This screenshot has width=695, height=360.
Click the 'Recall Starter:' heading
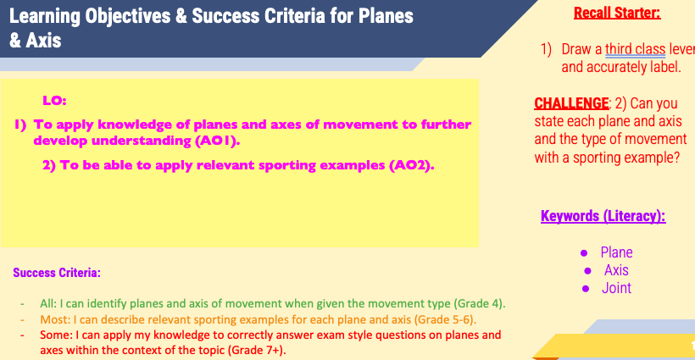pos(617,13)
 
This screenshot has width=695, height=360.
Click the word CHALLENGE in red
pos(571,103)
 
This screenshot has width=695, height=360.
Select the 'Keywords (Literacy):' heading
pos(603,216)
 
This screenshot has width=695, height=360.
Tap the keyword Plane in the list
pos(616,252)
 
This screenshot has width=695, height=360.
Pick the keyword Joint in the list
pos(616,288)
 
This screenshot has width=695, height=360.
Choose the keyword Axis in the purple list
pos(616,270)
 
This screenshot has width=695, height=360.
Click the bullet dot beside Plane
pos(584,253)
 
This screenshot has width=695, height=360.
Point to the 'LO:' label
pos(54,101)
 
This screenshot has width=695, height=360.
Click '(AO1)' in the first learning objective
pos(217,141)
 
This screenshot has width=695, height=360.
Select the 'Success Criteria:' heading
pos(57,273)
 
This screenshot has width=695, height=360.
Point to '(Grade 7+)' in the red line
pos(257,350)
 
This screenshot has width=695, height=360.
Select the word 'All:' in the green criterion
pos(48,304)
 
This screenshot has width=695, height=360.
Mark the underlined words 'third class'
pos(635,49)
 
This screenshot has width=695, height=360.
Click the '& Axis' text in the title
pos(35,41)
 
